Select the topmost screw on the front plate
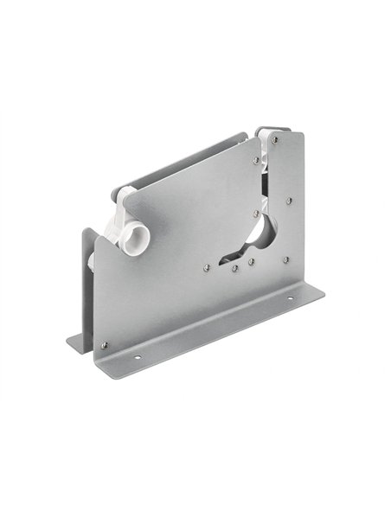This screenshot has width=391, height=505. pos(274,138)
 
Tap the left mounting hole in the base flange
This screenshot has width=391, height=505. pos(137,352)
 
